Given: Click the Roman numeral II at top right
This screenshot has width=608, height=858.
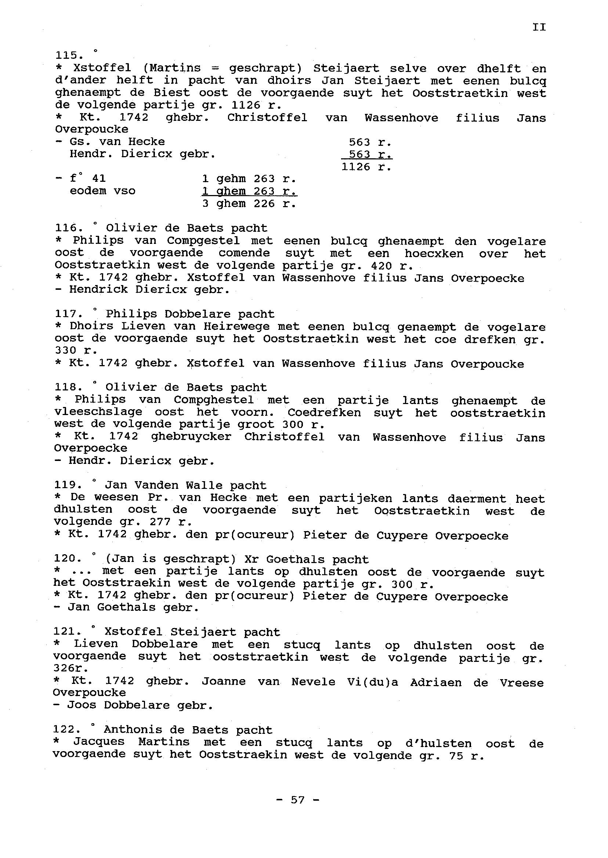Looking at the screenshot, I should point(539,27).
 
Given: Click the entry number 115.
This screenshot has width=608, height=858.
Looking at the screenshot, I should point(69,55).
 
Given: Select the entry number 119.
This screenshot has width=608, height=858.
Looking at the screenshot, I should point(68,485).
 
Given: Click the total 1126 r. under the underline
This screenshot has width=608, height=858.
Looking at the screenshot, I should point(366,167).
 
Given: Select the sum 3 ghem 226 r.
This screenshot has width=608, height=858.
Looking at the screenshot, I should point(249,204).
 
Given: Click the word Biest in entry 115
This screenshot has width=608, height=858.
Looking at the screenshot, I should point(171,93).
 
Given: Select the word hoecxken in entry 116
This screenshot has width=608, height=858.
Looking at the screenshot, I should point(434,253).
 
